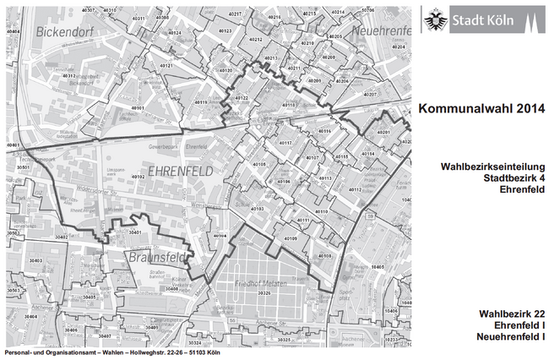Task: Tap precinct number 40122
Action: pyautogui.click(x=241, y=99)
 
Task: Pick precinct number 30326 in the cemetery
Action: pyautogui.click(x=264, y=292)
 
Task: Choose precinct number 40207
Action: pyautogui.click(x=369, y=95)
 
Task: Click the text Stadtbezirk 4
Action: pyautogui.click(x=505, y=178)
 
